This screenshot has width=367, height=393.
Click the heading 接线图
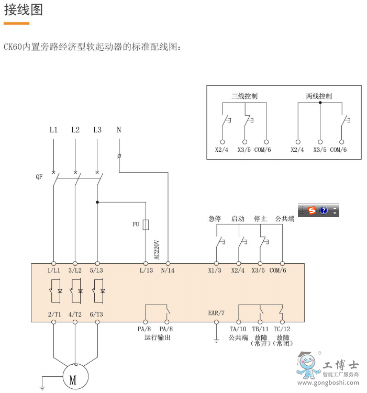24,10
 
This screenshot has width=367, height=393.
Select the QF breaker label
39,177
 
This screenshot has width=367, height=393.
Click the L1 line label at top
53,130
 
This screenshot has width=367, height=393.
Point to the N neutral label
119,130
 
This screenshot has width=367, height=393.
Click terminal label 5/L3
97,271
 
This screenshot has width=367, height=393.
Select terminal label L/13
146,271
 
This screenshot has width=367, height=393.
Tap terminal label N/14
168,271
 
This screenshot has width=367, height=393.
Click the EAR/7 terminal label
216,313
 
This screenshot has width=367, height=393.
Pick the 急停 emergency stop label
215,219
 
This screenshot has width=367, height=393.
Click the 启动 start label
238,219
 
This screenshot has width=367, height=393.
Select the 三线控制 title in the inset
244,96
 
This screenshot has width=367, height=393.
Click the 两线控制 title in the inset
319,96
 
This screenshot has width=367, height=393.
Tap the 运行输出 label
158,338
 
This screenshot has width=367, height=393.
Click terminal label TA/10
238,329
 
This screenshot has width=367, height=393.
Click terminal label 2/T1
53,314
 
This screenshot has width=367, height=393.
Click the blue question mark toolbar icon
324,210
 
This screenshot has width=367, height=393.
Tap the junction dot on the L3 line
97,202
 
